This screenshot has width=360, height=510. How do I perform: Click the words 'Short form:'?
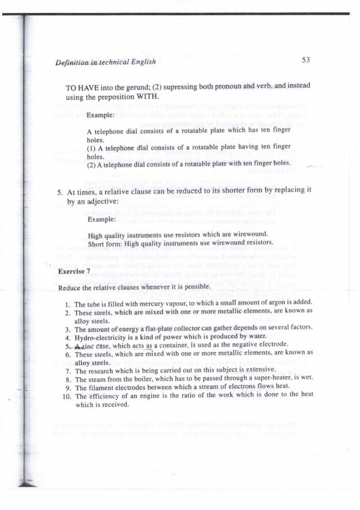pos(106,244)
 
